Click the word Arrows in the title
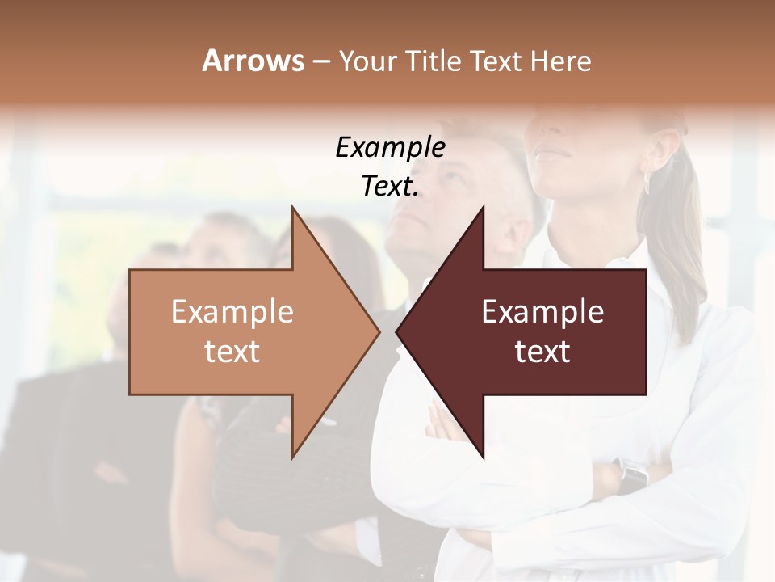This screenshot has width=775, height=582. [x=253, y=61]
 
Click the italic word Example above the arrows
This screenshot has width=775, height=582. [x=390, y=148]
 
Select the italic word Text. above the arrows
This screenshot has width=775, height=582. [x=390, y=187]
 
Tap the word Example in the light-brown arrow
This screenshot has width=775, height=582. [x=232, y=312]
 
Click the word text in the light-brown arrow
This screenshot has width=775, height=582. [x=232, y=352]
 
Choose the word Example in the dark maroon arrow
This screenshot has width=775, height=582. [x=542, y=312]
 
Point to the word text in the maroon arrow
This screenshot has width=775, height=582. [x=542, y=352]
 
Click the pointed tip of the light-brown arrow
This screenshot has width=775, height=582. [x=378, y=331]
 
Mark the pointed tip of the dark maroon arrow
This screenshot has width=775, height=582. [x=398, y=331]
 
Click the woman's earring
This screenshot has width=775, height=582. [x=647, y=182]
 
